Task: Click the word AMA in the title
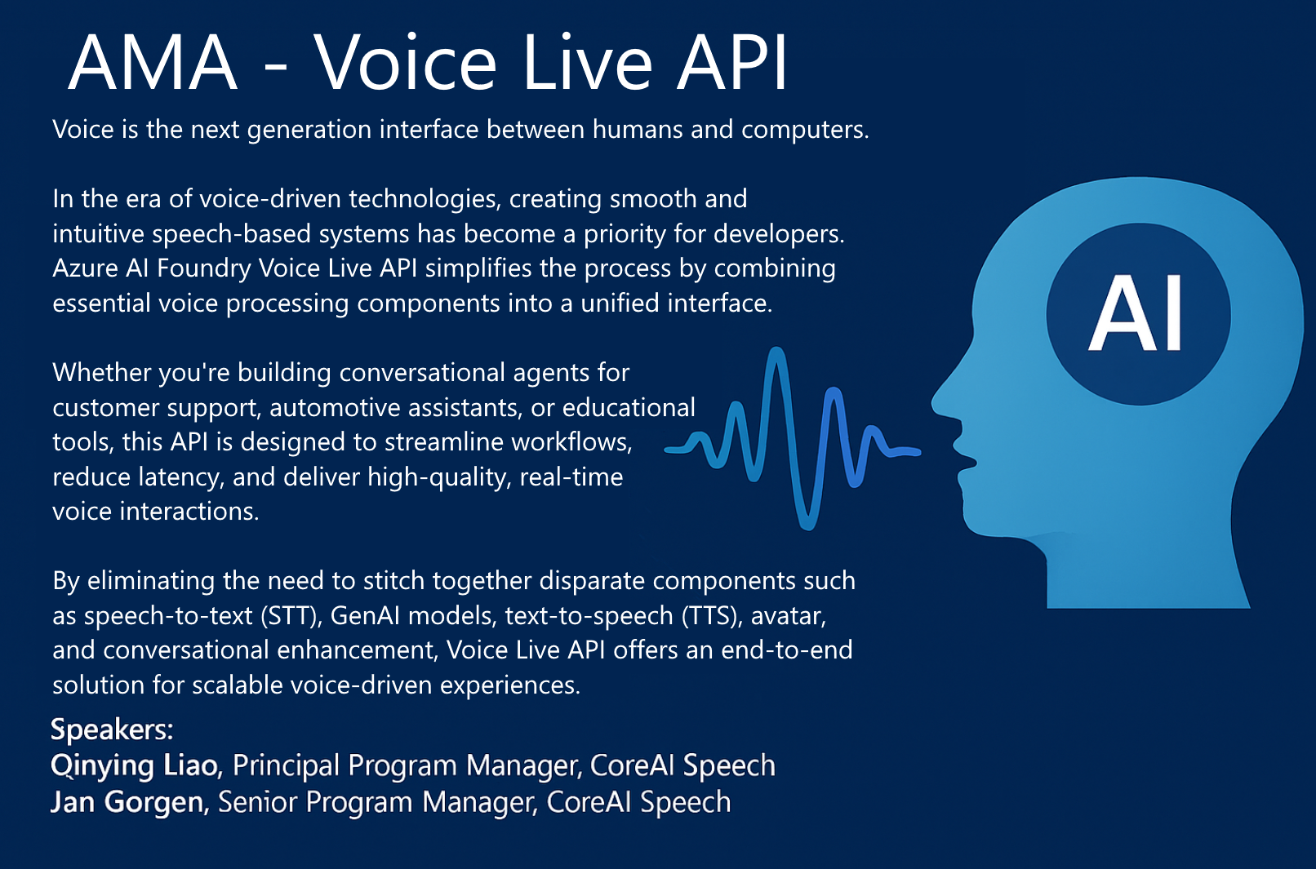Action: tap(153, 63)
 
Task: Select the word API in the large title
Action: tap(731, 63)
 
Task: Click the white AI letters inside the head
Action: tap(1136, 313)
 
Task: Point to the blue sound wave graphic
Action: tap(793, 438)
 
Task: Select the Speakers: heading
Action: tap(112, 729)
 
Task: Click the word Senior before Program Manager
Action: tap(257, 802)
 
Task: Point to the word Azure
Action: tap(85, 269)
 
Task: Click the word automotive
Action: tap(335, 408)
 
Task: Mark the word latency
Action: tap(182, 477)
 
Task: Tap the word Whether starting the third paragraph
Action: tap(101, 373)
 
